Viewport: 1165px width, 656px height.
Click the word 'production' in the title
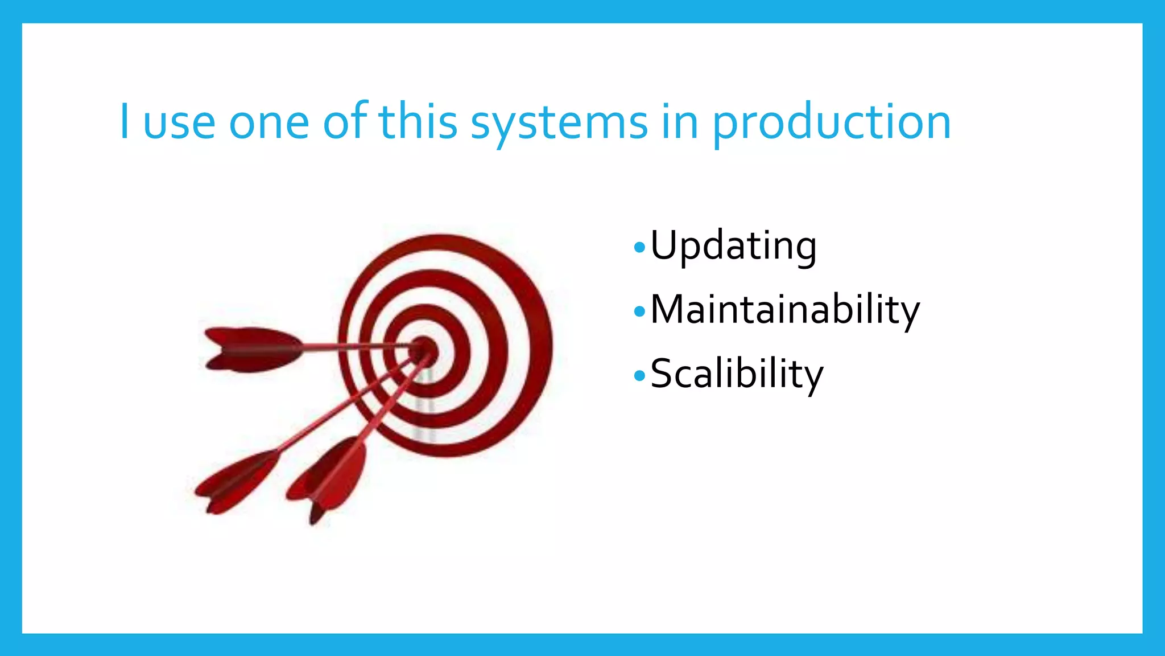coord(831,122)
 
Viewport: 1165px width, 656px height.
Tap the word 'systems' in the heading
coord(559,122)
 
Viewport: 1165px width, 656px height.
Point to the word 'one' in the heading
coord(268,124)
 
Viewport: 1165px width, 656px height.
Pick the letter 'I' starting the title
coord(124,121)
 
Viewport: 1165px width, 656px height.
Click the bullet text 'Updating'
coord(733,247)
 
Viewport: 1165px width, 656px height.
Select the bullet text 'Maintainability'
coord(784,310)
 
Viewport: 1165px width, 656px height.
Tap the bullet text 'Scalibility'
coord(737,375)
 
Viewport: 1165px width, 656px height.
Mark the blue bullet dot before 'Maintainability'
coord(640,311)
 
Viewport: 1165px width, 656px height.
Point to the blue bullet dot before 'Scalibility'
coord(640,376)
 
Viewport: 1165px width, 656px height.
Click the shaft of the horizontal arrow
coord(353,346)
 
